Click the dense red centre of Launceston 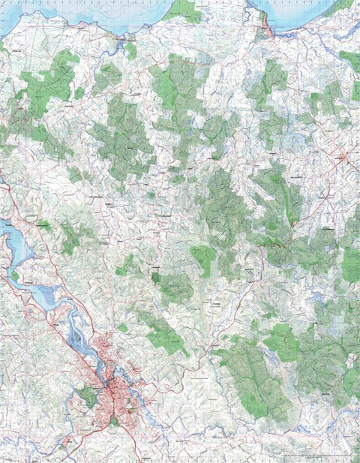[x=114, y=389]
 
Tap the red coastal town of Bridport [x=263, y=33]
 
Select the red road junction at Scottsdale [x=342, y=158]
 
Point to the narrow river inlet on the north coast [x=120, y=41]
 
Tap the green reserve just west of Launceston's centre [x=88, y=395]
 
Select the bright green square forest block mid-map [x=202, y=259]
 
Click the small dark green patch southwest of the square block [x=155, y=278]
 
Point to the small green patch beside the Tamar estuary [x=44, y=225]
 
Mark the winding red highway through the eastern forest [x=281, y=244]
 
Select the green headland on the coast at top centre [x=184, y=11]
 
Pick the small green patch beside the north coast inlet [x=130, y=51]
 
